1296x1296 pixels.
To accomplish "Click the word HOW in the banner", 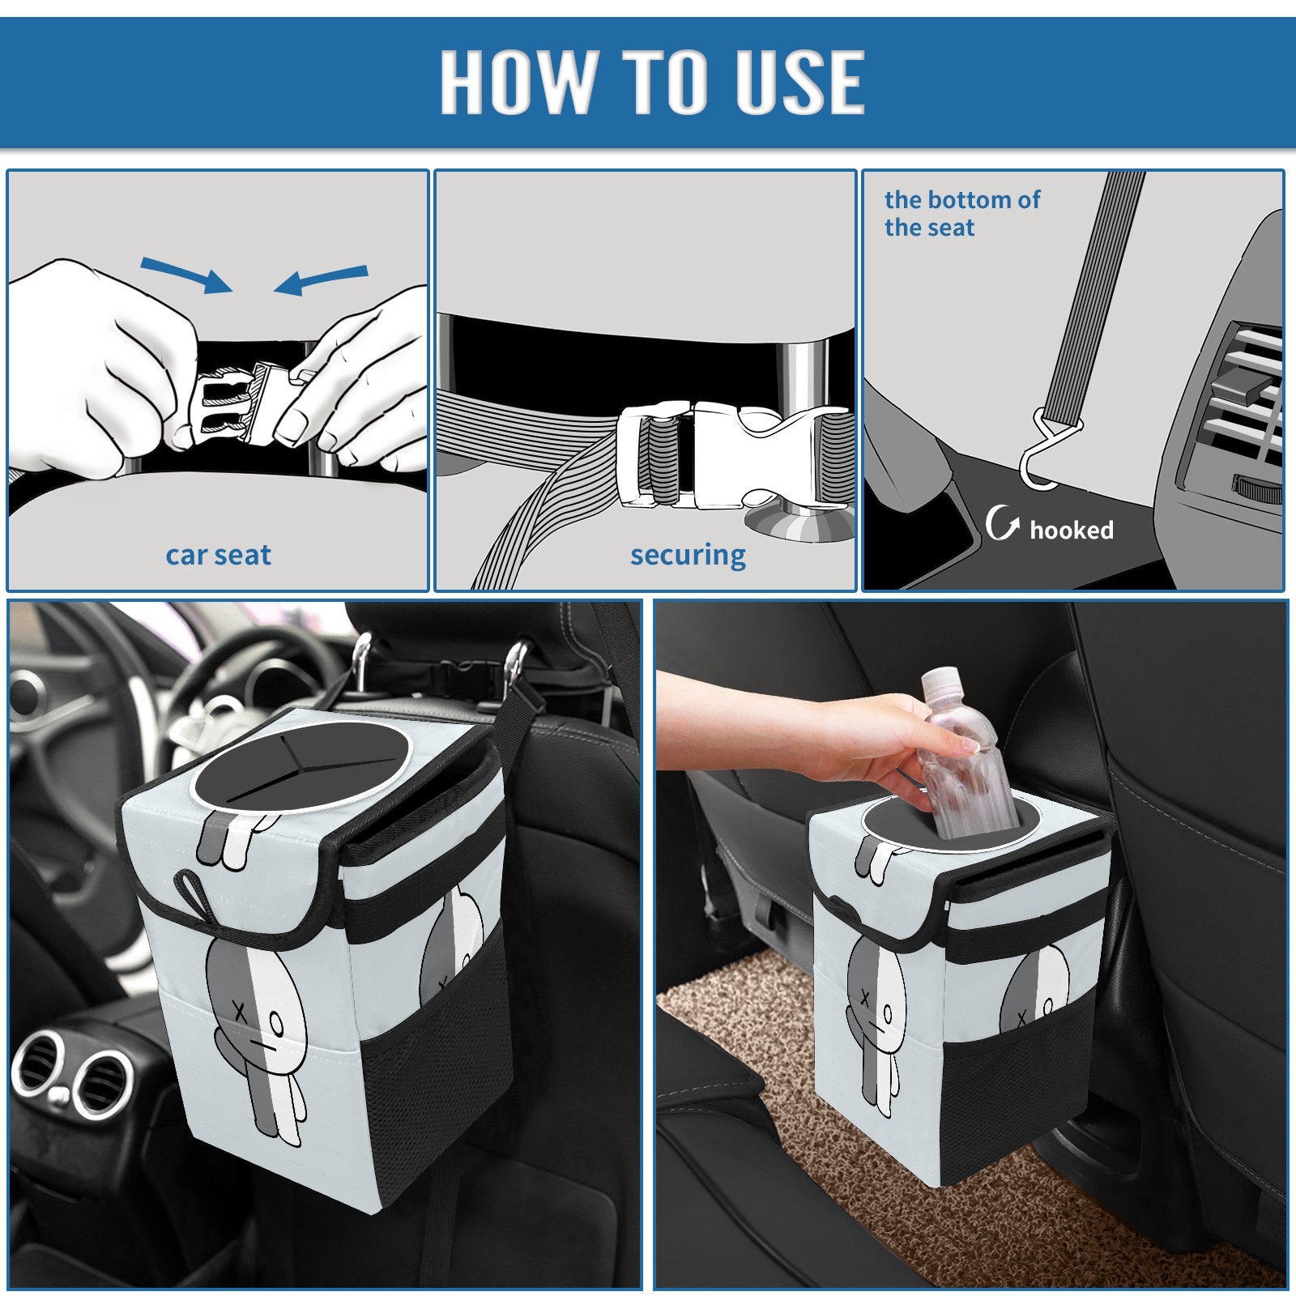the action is (515, 81).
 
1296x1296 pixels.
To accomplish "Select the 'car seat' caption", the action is (218, 555).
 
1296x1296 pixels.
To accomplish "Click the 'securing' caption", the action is (688, 555).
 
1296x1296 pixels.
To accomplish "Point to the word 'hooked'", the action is (1071, 530).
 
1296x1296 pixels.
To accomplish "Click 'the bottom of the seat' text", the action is (961, 213).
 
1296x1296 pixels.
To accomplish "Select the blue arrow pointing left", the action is (321, 279).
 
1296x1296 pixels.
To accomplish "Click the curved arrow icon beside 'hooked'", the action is (1002, 522).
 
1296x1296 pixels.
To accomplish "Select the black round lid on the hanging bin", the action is (301, 765).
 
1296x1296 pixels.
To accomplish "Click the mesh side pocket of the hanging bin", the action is (433, 1077).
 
